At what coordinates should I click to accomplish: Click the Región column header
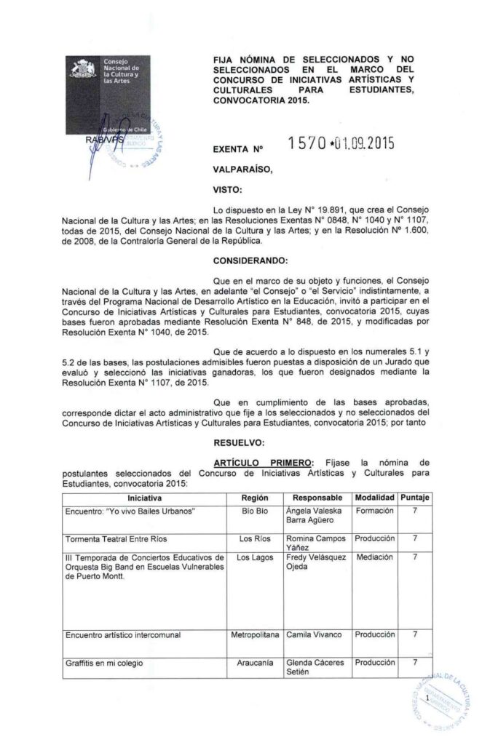pos(254,498)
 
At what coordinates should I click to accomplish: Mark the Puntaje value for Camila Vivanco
pos(414,635)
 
